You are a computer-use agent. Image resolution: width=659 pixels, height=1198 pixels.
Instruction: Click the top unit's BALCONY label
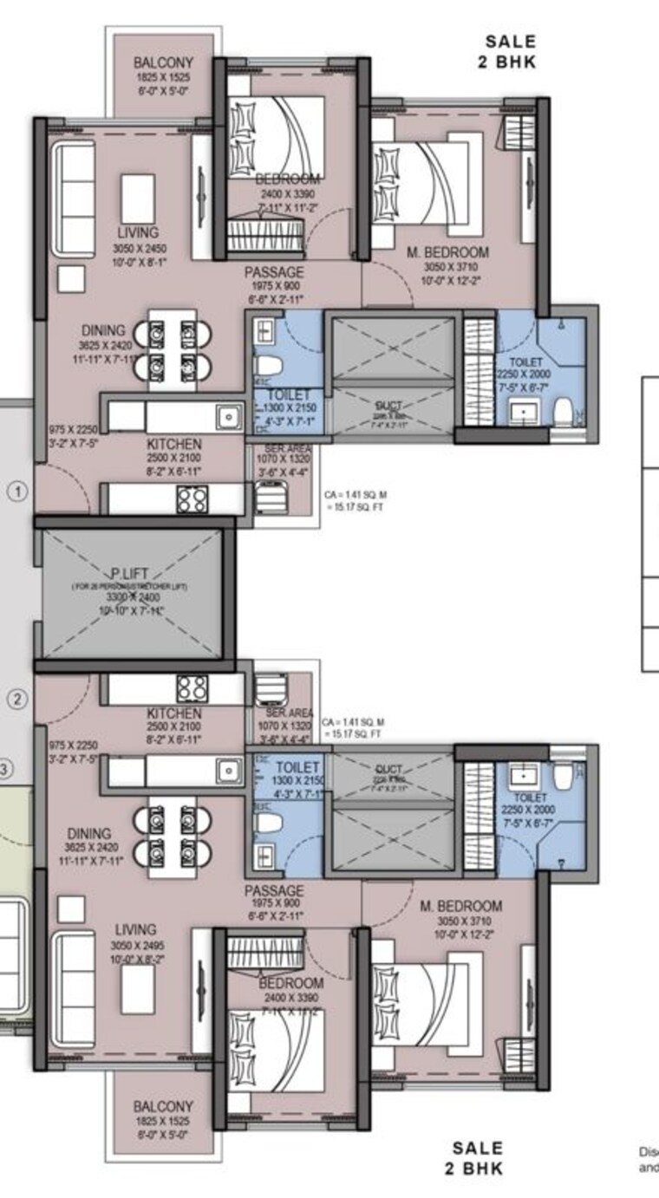coord(163,63)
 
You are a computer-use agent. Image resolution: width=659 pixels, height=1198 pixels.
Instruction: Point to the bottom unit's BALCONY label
coord(163,1107)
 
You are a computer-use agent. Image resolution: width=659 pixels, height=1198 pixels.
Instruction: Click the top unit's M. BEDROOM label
coord(448,252)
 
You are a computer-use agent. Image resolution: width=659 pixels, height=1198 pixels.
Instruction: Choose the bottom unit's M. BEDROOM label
coord(460,906)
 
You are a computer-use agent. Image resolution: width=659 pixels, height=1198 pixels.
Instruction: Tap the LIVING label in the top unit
coord(138,232)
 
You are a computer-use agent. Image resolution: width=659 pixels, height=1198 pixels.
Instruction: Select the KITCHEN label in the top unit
coord(173,444)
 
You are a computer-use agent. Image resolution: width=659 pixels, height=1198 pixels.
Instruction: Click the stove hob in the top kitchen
coord(192,498)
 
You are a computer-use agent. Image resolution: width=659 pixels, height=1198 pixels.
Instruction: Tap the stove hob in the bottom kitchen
coord(192,687)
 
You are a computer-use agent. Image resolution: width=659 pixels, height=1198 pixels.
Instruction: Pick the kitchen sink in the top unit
coord(229,416)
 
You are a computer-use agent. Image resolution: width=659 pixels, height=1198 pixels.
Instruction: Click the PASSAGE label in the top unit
coord(274,273)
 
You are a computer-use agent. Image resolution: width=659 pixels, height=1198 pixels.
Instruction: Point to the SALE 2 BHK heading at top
coord(511,51)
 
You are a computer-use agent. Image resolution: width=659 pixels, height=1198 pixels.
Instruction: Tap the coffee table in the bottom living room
coord(138,989)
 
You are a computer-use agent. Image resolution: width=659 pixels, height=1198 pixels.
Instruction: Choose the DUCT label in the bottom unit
coord(388,768)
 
